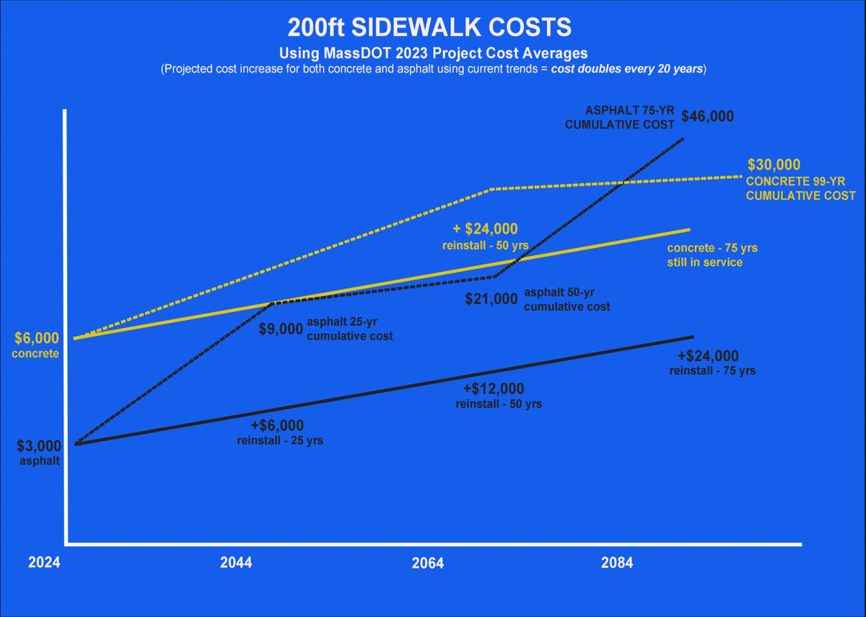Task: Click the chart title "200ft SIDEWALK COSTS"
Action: [429, 27]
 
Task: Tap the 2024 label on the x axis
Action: [44, 563]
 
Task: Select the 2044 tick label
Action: [236, 563]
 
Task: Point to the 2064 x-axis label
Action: [428, 563]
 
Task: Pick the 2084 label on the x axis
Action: [617, 563]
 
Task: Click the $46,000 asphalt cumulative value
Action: [708, 116]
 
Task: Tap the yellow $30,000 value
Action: [774, 164]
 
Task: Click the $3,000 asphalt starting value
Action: [39, 446]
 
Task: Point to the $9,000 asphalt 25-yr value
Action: [281, 329]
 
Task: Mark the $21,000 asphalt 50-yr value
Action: [491, 298]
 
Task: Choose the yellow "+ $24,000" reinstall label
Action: [485, 229]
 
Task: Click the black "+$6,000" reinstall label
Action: [277, 426]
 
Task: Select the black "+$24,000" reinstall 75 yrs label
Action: [708, 356]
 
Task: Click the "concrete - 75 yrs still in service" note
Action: [712, 255]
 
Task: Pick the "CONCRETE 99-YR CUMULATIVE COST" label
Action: [800, 189]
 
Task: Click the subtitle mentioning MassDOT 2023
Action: [433, 53]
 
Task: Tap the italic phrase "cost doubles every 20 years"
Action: [626, 70]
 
